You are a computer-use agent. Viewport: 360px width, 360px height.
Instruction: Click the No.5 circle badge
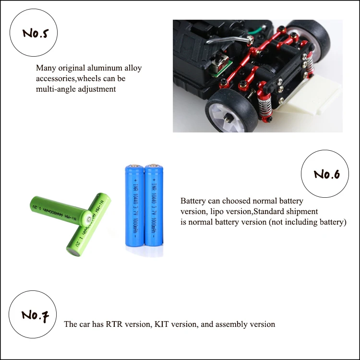pos(34,33)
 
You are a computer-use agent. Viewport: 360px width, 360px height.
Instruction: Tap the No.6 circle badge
pos(325,174)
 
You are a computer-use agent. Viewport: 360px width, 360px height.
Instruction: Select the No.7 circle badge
pos(33,314)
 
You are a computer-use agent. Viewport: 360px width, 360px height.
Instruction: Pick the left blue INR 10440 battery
pos(134,205)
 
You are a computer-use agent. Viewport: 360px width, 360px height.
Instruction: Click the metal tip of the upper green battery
pos(89,220)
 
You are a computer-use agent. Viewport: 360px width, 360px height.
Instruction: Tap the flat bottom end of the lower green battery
pos(73,252)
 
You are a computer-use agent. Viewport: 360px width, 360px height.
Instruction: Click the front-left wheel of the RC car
pos(228,114)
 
